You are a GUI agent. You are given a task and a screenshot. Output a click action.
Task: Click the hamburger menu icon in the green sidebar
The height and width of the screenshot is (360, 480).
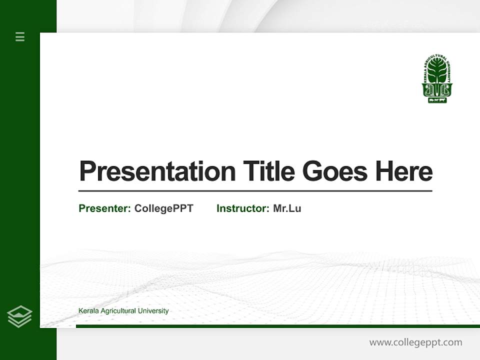click(20, 36)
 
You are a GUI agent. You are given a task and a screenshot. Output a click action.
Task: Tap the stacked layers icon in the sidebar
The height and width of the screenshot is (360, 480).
click(19, 316)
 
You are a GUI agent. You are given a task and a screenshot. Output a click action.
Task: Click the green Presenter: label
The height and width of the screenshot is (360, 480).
click(104, 208)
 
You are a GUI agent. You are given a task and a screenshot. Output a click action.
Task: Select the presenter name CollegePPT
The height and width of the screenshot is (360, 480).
click(163, 208)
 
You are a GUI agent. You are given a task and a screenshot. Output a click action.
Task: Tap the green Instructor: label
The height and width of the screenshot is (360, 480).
click(242, 208)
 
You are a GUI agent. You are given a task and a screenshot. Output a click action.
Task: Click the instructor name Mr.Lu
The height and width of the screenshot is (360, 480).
click(287, 208)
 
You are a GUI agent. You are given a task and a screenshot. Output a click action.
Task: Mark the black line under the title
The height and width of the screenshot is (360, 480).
click(255, 191)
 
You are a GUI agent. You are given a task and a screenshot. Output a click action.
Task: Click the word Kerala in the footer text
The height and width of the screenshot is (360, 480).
click(88, 311)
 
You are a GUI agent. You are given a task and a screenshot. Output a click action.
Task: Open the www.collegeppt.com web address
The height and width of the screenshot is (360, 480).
click(415, 342)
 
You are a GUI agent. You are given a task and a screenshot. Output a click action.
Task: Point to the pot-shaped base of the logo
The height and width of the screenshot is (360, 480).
click(437, 90)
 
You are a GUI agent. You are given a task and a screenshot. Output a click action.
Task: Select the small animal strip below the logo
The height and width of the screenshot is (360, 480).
click(437, 100)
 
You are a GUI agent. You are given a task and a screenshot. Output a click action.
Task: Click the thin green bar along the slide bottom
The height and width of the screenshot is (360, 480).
click(277, 326)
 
